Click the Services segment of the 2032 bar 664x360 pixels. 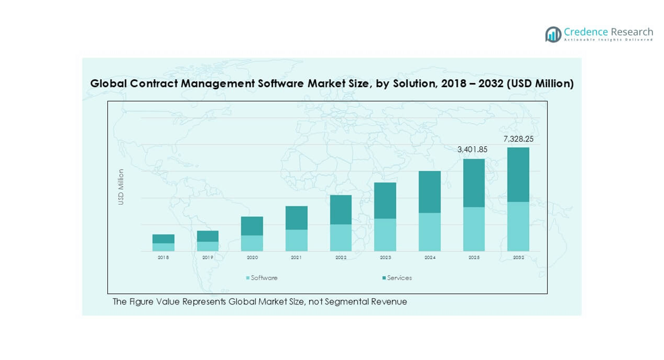(518, 175)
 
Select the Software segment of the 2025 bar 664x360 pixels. (474, 229)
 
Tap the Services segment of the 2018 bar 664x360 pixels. (163, 238)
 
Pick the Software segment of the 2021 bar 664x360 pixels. (296, 241)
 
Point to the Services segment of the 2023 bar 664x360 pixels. (385, 201)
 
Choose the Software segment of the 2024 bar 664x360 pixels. (429, 232)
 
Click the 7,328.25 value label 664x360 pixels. (518, 139)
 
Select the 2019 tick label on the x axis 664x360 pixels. (208, 258)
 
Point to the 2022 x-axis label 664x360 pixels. (341, 258)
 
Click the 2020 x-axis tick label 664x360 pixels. (252, 258)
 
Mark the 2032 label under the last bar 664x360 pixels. (518, 258)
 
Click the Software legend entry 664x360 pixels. (262, 278)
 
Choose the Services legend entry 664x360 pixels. (397, 278)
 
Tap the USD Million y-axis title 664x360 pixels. (121, 187)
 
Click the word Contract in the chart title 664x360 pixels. (154, 84)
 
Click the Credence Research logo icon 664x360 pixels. (553, 34)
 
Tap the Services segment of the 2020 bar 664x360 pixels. (252, 226)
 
